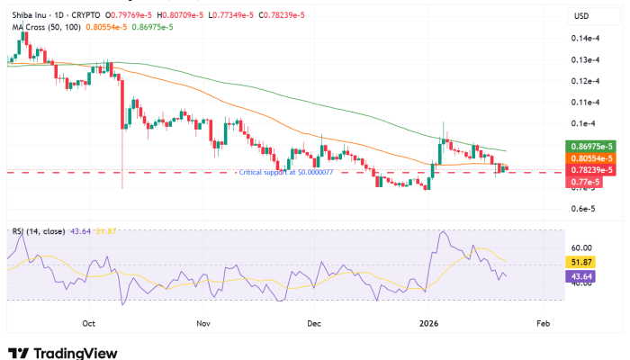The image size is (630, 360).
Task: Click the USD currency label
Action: coord(581,16)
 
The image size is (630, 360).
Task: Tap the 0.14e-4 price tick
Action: coord(585,39)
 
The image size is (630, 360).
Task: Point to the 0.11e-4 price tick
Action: coord(585,103)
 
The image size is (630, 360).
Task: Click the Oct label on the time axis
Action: coord(88,321)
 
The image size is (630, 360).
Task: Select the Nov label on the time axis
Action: coord(202,321)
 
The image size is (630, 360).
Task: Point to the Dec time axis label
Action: coord(313,321)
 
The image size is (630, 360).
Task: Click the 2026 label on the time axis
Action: coord(429,321)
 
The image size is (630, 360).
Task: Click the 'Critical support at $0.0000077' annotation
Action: coord(284,171)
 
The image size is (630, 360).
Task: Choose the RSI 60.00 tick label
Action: coord(580,247)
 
